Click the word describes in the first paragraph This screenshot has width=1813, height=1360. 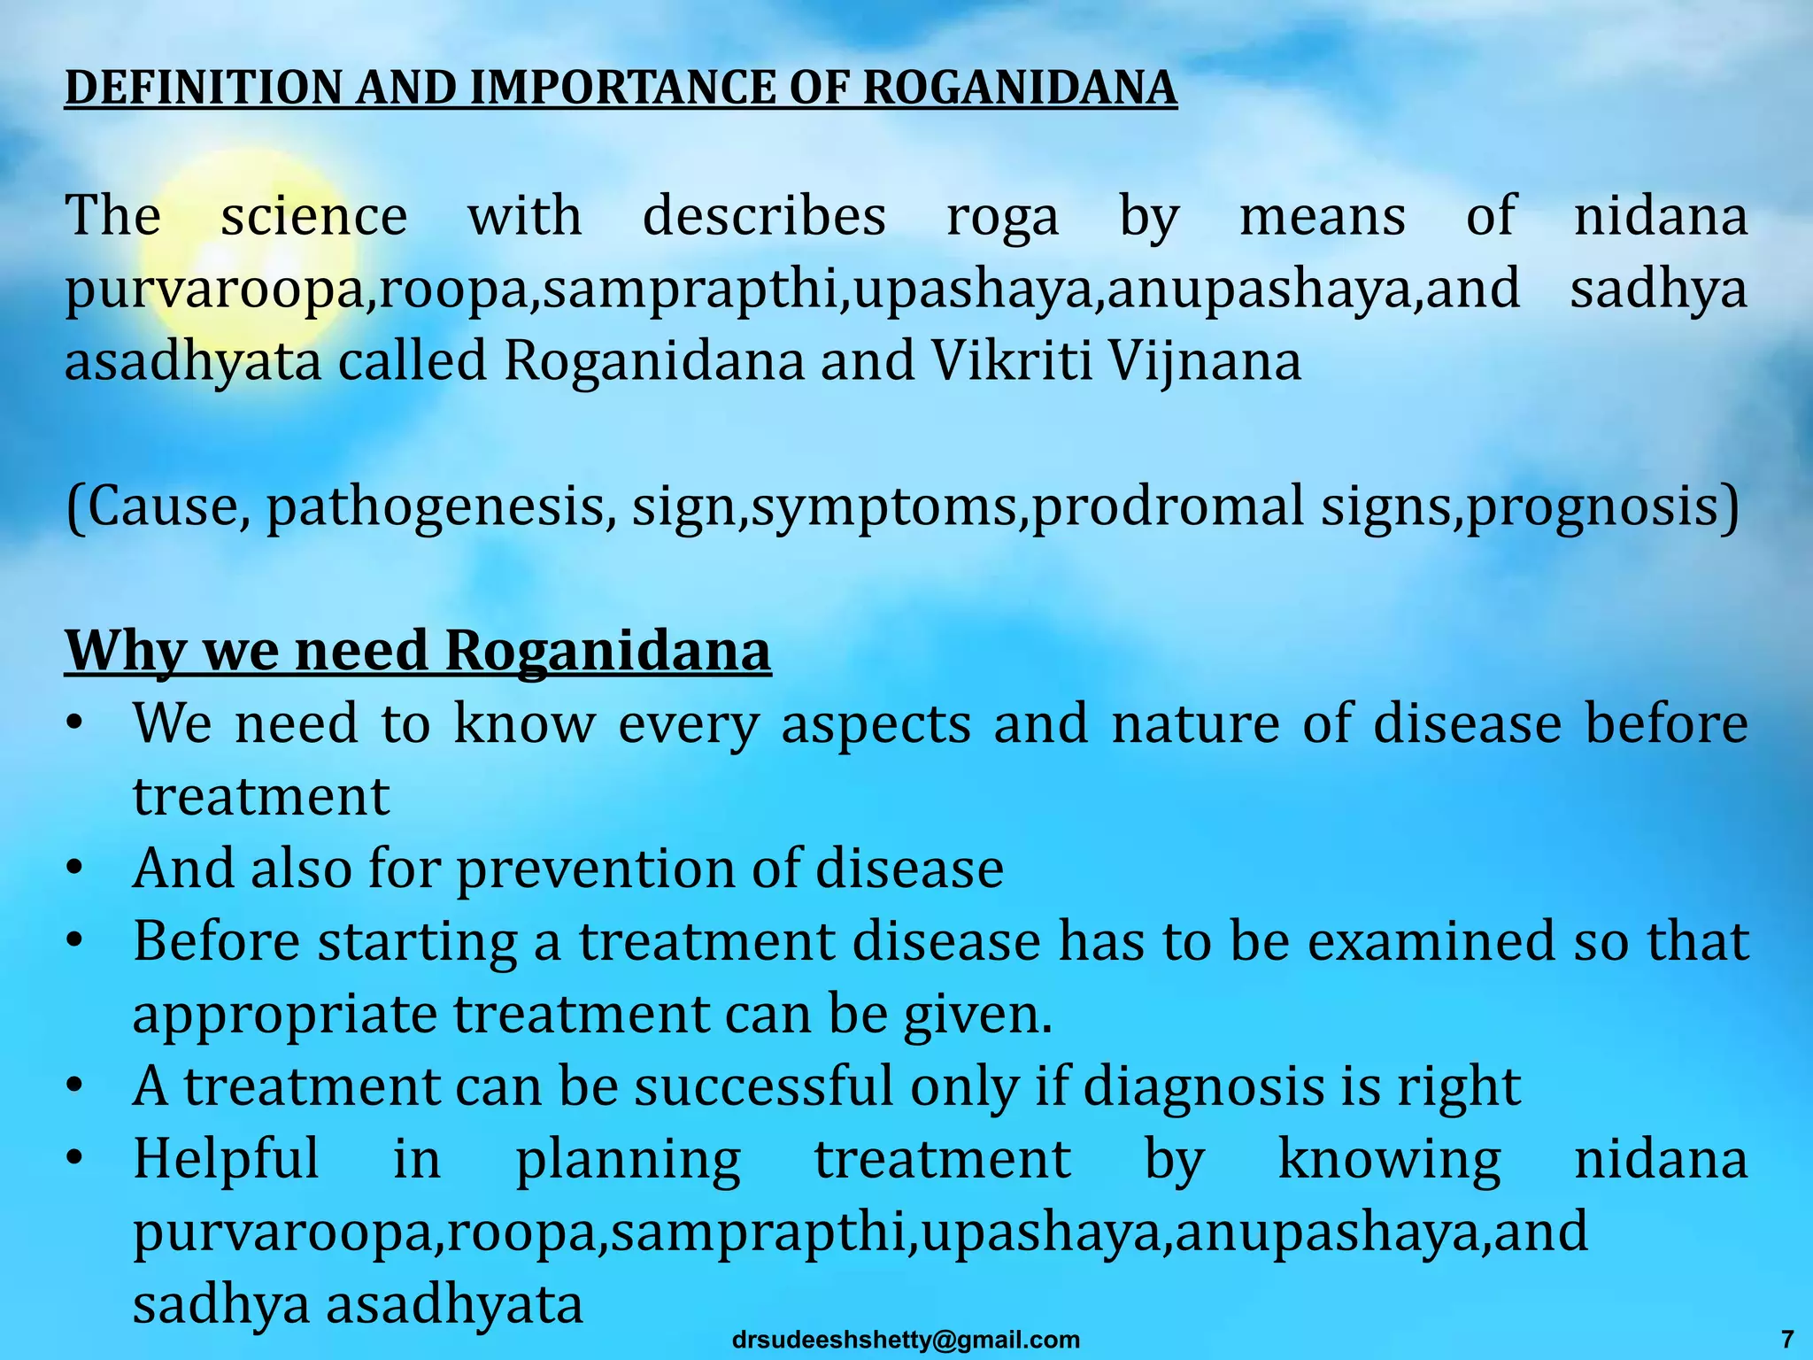[764, 216]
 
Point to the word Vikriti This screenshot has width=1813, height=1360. [1012, 361]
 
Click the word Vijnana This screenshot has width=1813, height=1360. [1205, 363]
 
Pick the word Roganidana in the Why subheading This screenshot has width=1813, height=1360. [607, 652]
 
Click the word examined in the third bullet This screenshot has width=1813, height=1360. [1431, 940]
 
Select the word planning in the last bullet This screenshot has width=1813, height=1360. [628, 1160]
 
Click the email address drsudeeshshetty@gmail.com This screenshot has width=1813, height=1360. [906, 1340]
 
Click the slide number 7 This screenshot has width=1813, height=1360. [1787, 1340]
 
